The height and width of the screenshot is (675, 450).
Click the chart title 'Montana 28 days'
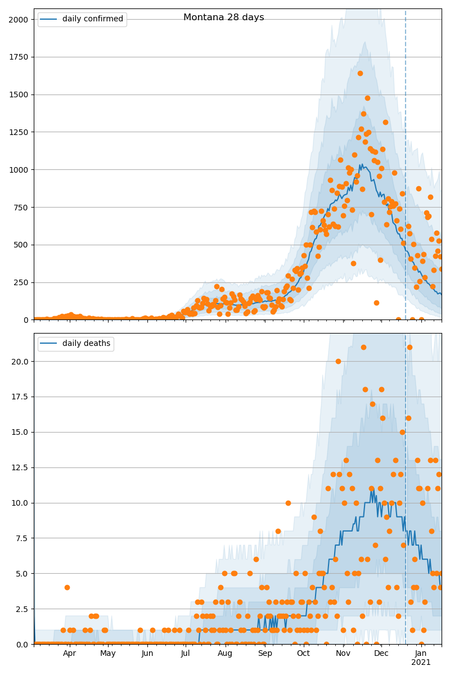pyautogui.click(x=223, y=17)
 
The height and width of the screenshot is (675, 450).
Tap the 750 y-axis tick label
pyautogui.click(x=22, y=208)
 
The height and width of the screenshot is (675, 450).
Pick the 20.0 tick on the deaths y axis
pyautogui.click(x=22, y=361)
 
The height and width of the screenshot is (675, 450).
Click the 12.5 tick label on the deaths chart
pyautogui.click(x=22, y=467)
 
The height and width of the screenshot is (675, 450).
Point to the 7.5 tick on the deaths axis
pyautogui.click(x=24, y=538)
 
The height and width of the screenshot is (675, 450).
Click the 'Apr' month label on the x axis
pyautogui.click(x=69, y=654)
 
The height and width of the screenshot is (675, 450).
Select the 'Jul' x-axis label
pyautogui.click(x=186, y=654)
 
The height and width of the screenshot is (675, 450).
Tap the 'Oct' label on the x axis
pyautogui.click(x=303, y=654)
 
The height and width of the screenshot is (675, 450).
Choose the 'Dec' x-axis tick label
pyautogui.click(x=381, y=654)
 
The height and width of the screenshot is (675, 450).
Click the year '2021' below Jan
pyautogui.click(x=421, y=663)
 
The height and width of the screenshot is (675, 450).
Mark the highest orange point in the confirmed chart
pyautogui.click(x=360, y=73)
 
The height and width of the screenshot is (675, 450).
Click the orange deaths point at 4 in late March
pyautogui.click(x=67, y=587)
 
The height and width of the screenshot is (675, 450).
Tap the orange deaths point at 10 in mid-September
pyautogui.click(x=288, y=503)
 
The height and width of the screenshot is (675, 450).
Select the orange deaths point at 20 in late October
pyautogui.click(x=338, y=361)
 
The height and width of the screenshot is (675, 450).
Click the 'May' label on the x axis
pyautogui.click(x=107, y=654)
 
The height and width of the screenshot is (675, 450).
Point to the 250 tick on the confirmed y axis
pyautogui.click(x=22, y=282)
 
